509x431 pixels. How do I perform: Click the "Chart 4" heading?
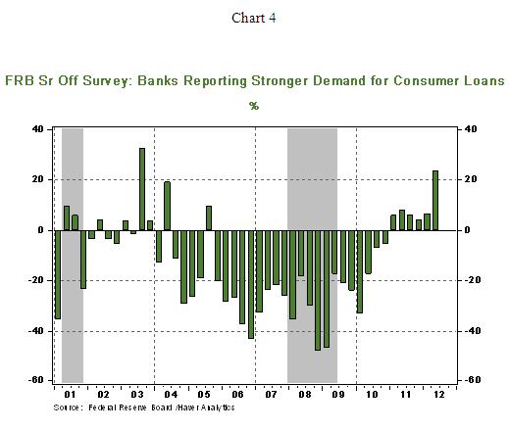tap(254, 18)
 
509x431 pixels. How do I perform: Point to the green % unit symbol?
tap(254, 106)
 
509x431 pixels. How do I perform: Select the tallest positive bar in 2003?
tap(142, 189)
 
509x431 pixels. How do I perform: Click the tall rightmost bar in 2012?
tap(435, 201)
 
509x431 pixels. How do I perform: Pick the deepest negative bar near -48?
tap(318, 290)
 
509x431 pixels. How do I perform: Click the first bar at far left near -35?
tap(58, 274)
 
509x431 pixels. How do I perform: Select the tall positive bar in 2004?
tap(167, 206)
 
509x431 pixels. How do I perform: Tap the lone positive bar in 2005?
tap(209, 218)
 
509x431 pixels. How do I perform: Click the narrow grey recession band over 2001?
tap(73, 256)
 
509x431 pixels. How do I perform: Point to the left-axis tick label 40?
tap(37, 129)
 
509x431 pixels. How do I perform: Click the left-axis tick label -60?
tap(35, 380)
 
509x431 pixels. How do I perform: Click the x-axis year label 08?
tap(305, 395)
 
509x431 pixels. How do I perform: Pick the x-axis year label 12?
tap(439, 395)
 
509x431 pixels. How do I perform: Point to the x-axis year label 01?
tap(70, 395)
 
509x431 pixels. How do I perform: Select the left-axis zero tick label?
tap(40, 230)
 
